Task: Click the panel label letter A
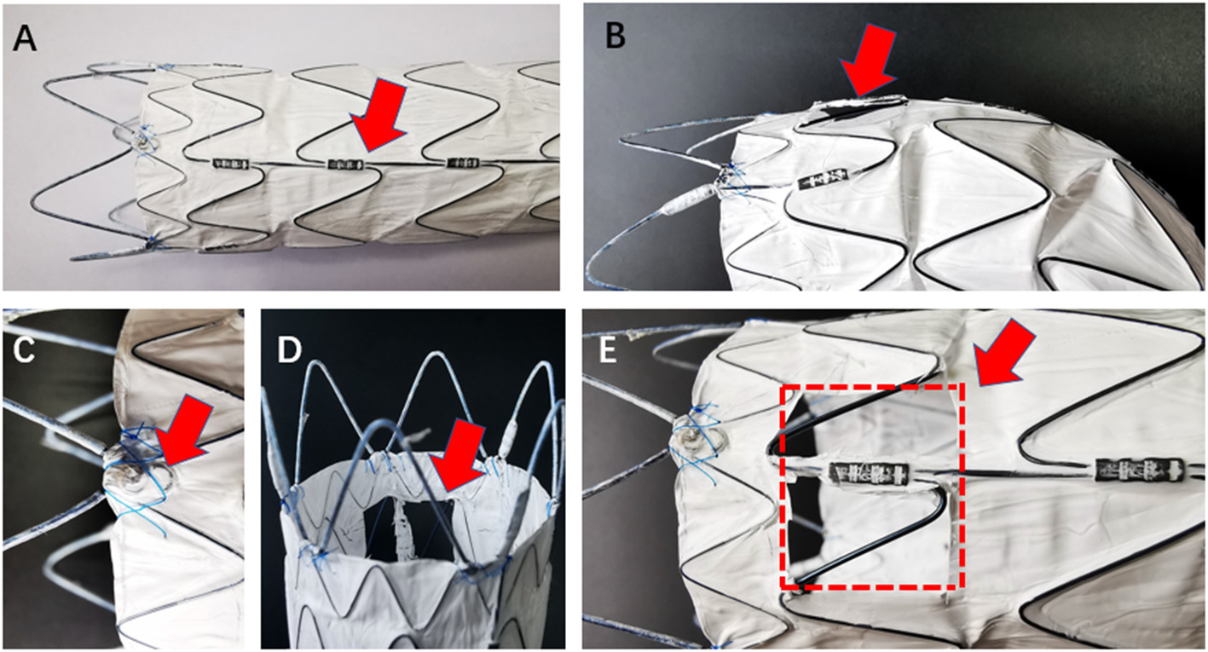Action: point(26,38)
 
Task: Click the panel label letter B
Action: point(615,35)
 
